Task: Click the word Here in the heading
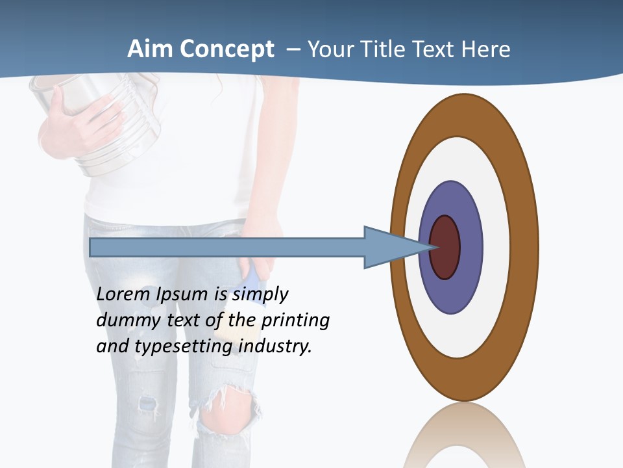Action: coord(485,49)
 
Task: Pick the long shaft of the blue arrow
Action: coord(227,247)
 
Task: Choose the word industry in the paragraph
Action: coord(275,346)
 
